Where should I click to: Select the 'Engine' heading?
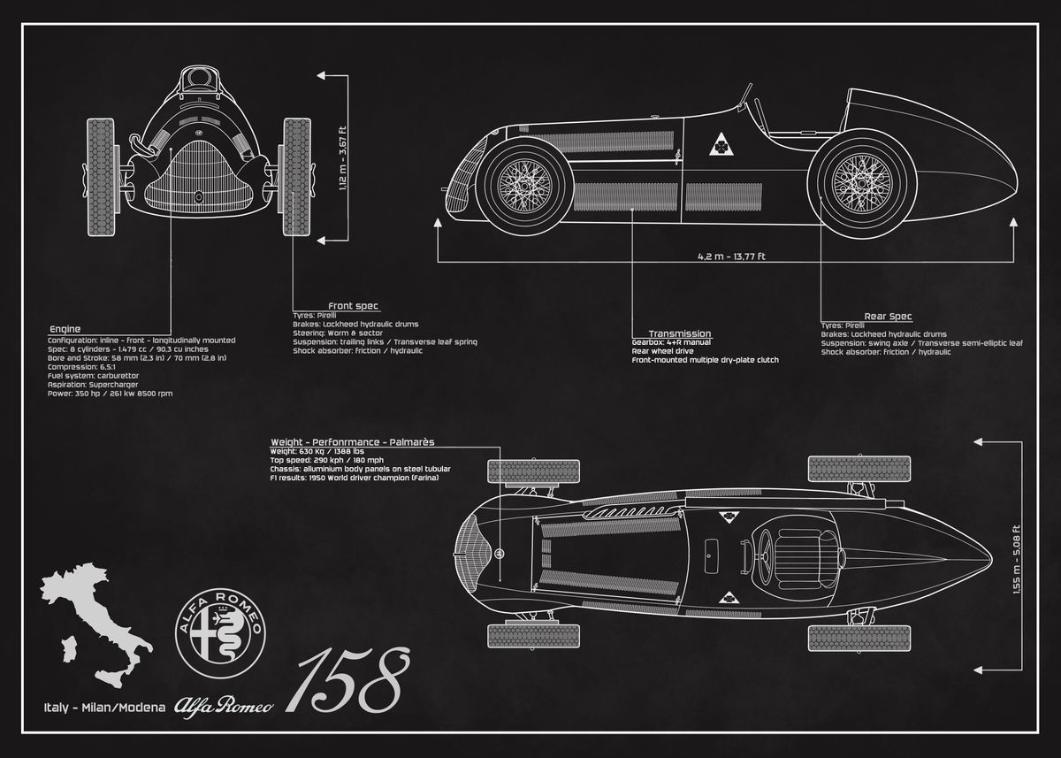(65, 328)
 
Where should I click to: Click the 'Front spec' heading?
(353, 306)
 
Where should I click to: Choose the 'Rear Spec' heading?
(888, 316)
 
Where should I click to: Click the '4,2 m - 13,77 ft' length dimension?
(731, 256)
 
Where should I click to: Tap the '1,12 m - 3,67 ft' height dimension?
(342, 160)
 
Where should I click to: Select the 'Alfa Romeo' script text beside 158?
(224, 705)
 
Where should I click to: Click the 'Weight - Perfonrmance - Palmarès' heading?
(352, 440)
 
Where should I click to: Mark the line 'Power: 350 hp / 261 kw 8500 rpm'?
(110, 392)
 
